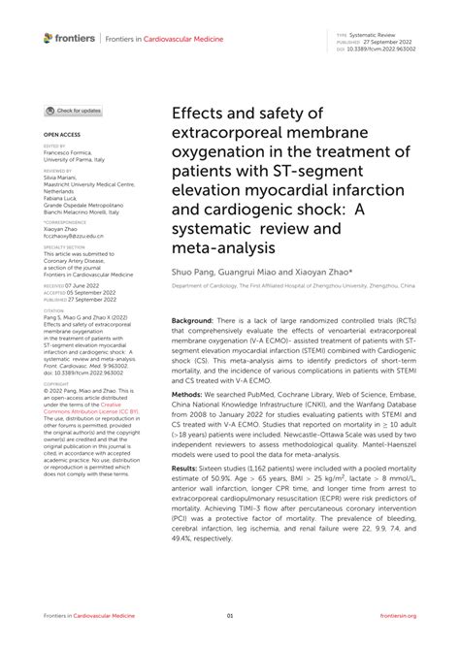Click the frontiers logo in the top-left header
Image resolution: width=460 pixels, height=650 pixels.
69,37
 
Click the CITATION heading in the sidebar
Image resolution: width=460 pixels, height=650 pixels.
54,311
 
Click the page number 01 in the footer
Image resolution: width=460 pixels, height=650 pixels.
230,616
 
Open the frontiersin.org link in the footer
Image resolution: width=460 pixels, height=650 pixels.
398,616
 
